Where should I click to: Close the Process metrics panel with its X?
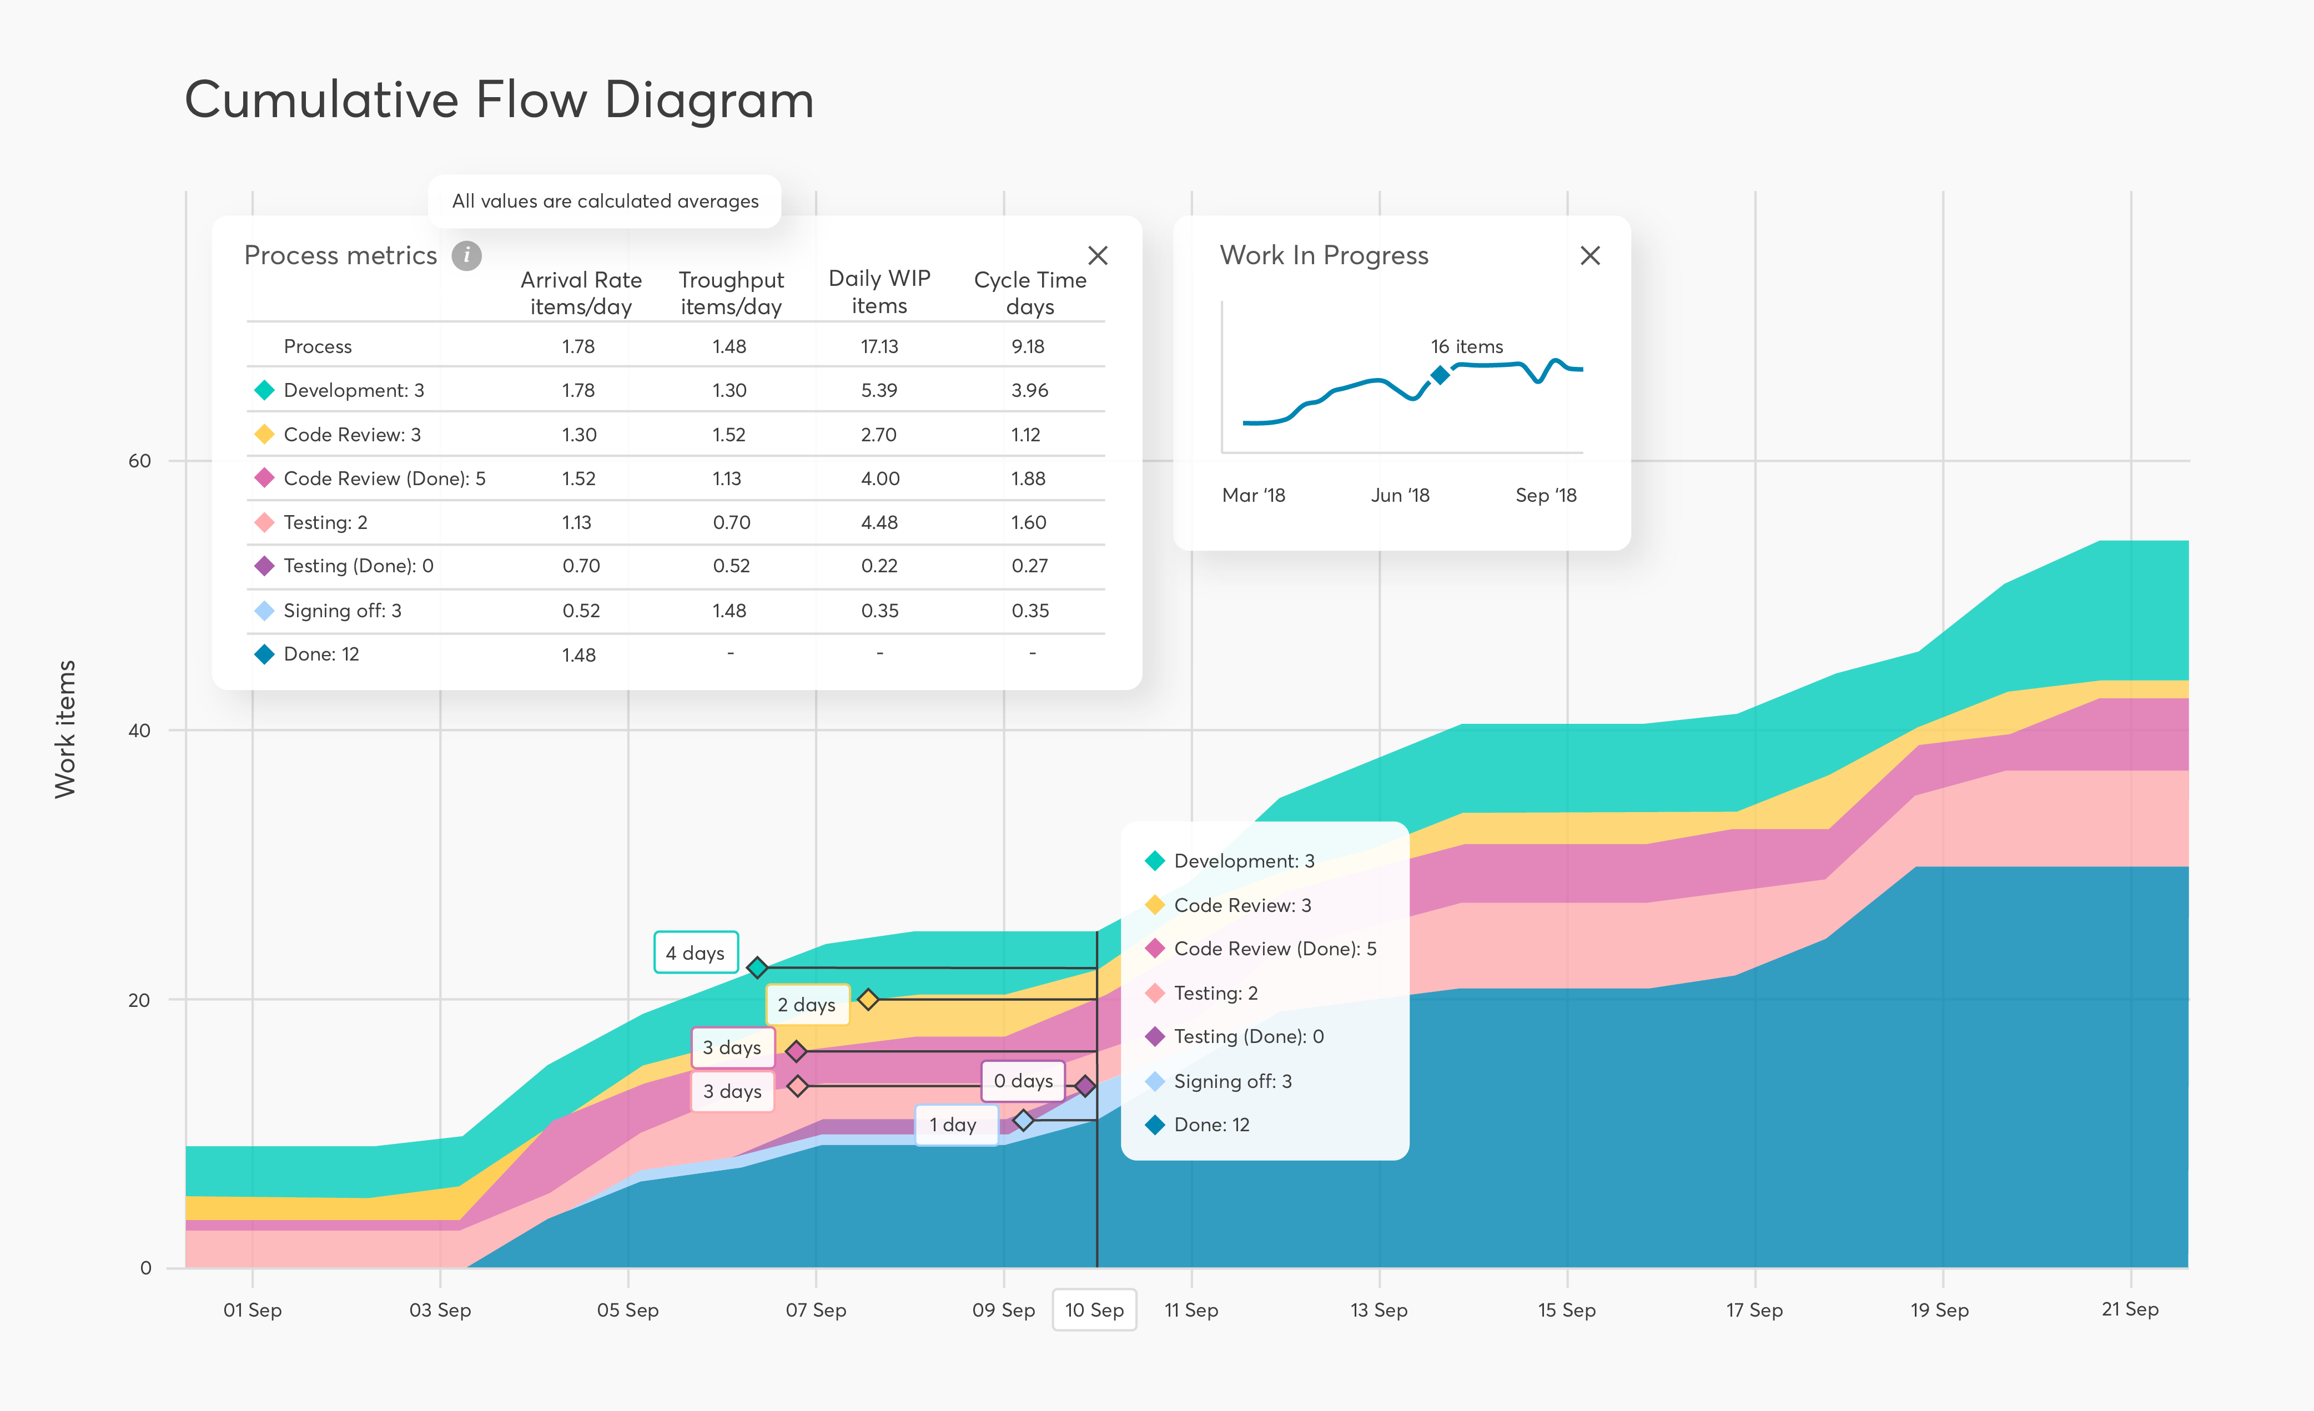click(x=1097, y=255)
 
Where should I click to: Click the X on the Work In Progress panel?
click(x=1589, y=255)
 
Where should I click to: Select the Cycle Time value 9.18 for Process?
click(x=1028, y=346)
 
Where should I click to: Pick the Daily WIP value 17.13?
click(x=879, y=346)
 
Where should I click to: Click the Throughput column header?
click(x=731, y=293)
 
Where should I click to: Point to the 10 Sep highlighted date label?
click(x=1094, y=1309)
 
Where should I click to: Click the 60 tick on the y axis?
click(x=139, y=461)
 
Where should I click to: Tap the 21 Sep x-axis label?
click(x=2129, y=1309)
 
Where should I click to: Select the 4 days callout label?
click(x=695, y=953)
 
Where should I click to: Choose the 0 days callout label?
click(x=1023, y=1081)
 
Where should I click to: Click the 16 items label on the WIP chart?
click(x=1466, y=346)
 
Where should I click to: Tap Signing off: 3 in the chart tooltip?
click(x=1232, y=1081)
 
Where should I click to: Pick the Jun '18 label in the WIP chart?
click(x=1399, y=495)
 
